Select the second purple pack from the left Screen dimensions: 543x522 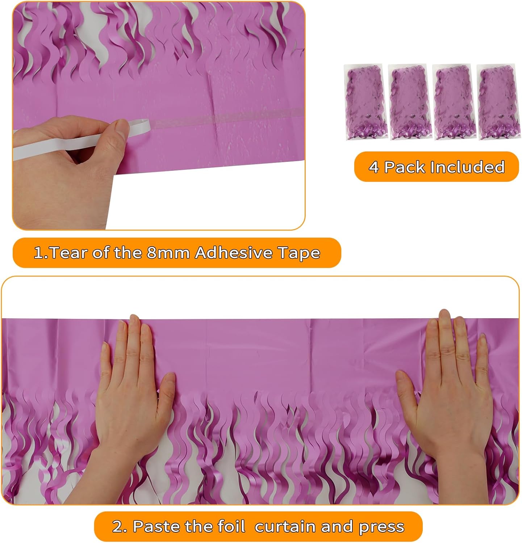409,102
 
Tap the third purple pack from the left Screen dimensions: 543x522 454,102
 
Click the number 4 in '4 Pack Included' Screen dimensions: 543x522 374,167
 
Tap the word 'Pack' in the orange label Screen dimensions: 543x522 404,167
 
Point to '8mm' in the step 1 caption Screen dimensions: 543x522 168,253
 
